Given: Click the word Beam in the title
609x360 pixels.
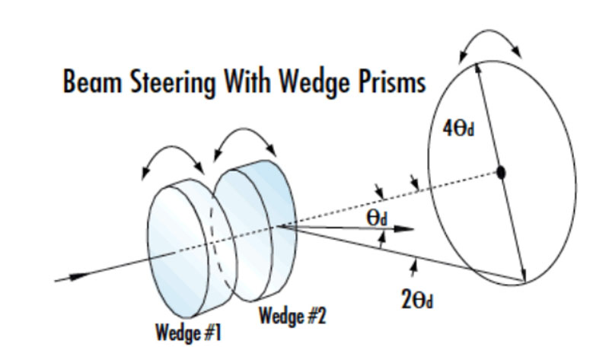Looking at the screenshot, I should (x=88, y=81).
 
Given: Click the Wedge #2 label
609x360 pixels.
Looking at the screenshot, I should (x=293, y=315).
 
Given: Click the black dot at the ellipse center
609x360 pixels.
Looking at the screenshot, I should (x=501, y=173).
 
